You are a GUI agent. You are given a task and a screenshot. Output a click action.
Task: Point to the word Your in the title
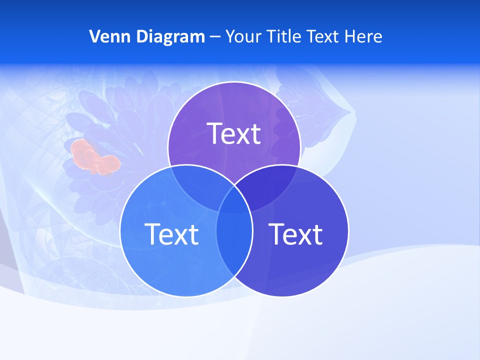(x=241, y=36)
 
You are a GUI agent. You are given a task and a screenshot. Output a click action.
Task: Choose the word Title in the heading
(x=283, y=36)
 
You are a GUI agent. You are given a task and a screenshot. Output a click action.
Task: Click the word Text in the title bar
(x=325, y=36)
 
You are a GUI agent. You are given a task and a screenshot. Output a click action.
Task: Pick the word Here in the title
(x=365, y=36)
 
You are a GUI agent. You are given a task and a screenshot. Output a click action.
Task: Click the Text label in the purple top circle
(x=234, y=133)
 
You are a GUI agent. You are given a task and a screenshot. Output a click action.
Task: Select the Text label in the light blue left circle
(x=171, y=233)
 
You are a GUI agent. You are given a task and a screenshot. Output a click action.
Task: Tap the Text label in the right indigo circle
(x=296, y=233)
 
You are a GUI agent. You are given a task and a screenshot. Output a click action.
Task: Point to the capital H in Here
(x=355, y=36)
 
